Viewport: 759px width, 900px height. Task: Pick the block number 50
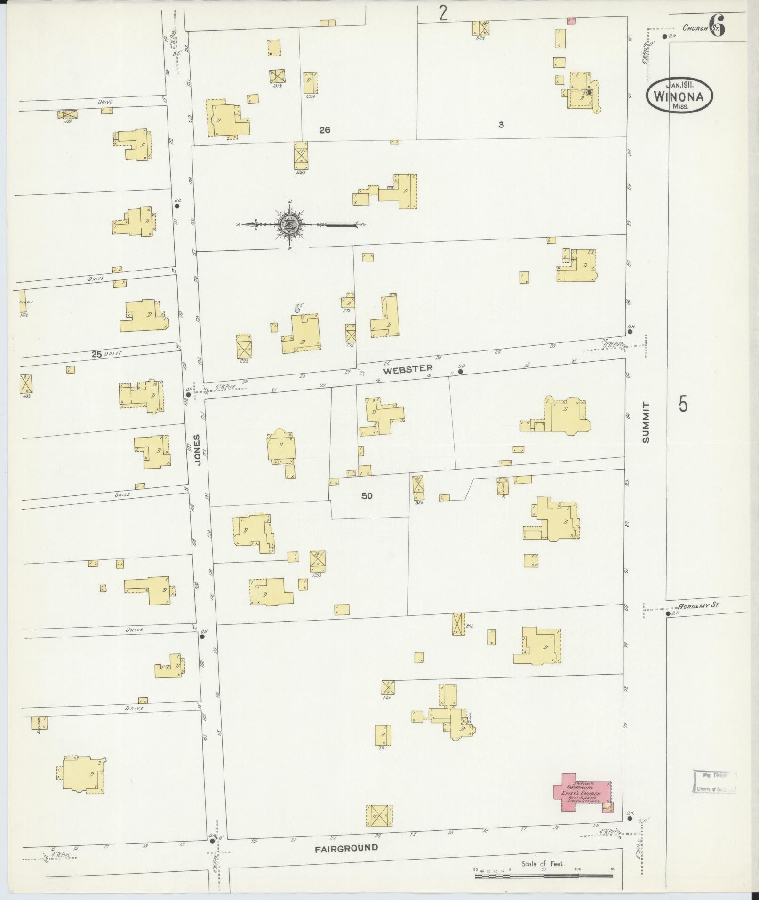pos(367,495)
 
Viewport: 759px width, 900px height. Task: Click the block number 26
pos(324,130)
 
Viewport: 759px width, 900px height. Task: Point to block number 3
pos(501,125)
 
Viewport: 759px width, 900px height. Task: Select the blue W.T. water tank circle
pos(297,310)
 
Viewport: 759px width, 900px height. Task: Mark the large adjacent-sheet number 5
pos(683,404)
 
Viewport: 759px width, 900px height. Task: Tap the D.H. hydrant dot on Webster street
pos(460,371)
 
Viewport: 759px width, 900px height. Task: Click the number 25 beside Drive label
pos(96,354)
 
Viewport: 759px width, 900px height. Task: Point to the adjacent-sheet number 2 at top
pos(443,13)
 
